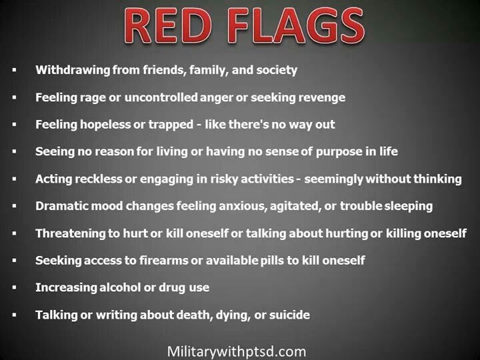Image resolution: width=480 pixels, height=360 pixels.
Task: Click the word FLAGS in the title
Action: [296, 26]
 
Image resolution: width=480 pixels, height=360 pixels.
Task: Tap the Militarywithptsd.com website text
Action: [237, 351]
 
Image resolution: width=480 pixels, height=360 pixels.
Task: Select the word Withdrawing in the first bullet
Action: [73, 70]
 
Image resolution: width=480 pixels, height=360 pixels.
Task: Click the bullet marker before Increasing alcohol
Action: [14, 287]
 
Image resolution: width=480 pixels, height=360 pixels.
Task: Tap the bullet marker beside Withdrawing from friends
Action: [14, 70]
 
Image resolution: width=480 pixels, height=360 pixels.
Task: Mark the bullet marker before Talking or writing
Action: [14, 315]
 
